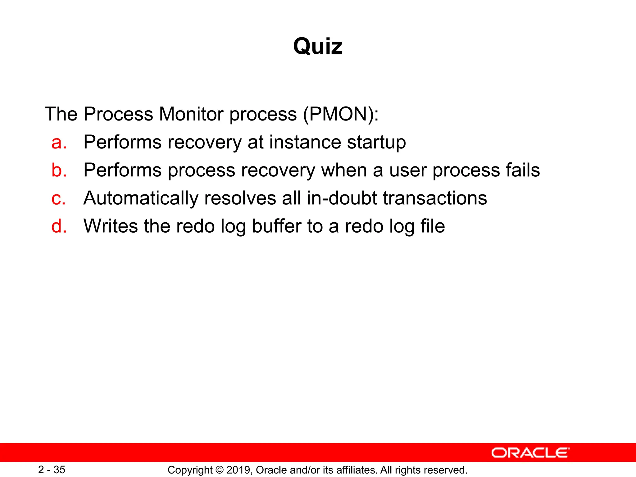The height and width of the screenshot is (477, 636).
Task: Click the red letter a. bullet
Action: [x=59, y=142]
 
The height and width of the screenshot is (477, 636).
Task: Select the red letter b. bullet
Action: [x=59, y=170]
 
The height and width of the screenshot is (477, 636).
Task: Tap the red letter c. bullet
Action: [x=58, y=198]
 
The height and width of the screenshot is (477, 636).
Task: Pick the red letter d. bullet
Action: [x=59, y=226]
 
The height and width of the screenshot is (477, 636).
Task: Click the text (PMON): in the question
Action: [x=341, y=114]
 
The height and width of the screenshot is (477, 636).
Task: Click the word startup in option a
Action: [x=376, y=143]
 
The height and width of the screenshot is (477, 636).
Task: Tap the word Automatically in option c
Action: [x=141, y=199]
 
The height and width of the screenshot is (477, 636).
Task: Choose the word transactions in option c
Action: [x=435, y=198]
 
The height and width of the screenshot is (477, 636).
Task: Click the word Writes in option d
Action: [x=111, y=226]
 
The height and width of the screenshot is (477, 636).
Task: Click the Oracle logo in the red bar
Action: [x=530, y=453]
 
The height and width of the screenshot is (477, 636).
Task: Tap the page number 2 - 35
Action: [x=52, y=470]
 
